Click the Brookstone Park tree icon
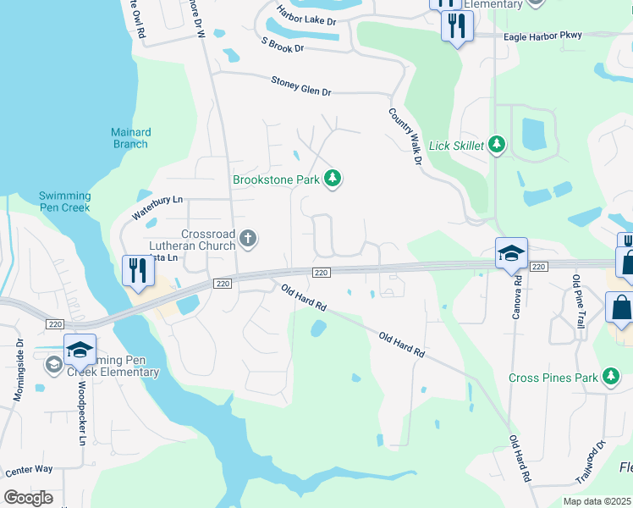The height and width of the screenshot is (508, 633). pos(334,179)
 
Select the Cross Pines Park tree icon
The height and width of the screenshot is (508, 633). pos(611,377)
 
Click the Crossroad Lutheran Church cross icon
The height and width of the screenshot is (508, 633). pos(247,238)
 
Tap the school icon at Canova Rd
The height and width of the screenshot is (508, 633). pos(511,253)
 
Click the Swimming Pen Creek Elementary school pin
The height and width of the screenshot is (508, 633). pos(80,350)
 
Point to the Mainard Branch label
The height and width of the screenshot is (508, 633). pos(130,138)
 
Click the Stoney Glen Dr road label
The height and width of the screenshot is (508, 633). pos(300,85)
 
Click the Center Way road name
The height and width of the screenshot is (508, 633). pos(29,468)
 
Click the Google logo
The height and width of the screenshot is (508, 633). pos(28,498)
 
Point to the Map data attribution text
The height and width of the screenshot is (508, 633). pos(597,501)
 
